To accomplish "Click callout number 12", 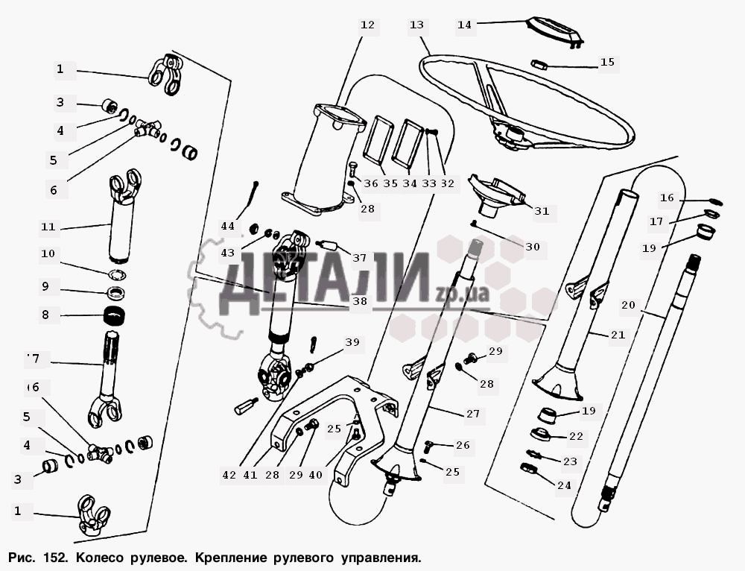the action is click(367, 25).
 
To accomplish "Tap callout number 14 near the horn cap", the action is click(464, 25).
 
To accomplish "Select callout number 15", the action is click(607, 63).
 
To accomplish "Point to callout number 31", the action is click(542, 211).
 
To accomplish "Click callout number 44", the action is click(227, 226).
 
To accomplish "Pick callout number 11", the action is click(48, 227).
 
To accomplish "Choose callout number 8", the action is click(45, 315).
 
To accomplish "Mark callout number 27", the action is click(473, 414).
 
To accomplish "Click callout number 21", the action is click(618, 335).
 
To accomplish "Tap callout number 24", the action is click(564, 485).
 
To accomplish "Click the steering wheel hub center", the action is click(513, 134).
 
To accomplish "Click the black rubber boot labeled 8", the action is click(115, 317).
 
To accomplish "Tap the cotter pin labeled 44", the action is click(252, 196).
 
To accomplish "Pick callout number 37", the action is click(359, 258).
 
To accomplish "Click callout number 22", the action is click(576, 436).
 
